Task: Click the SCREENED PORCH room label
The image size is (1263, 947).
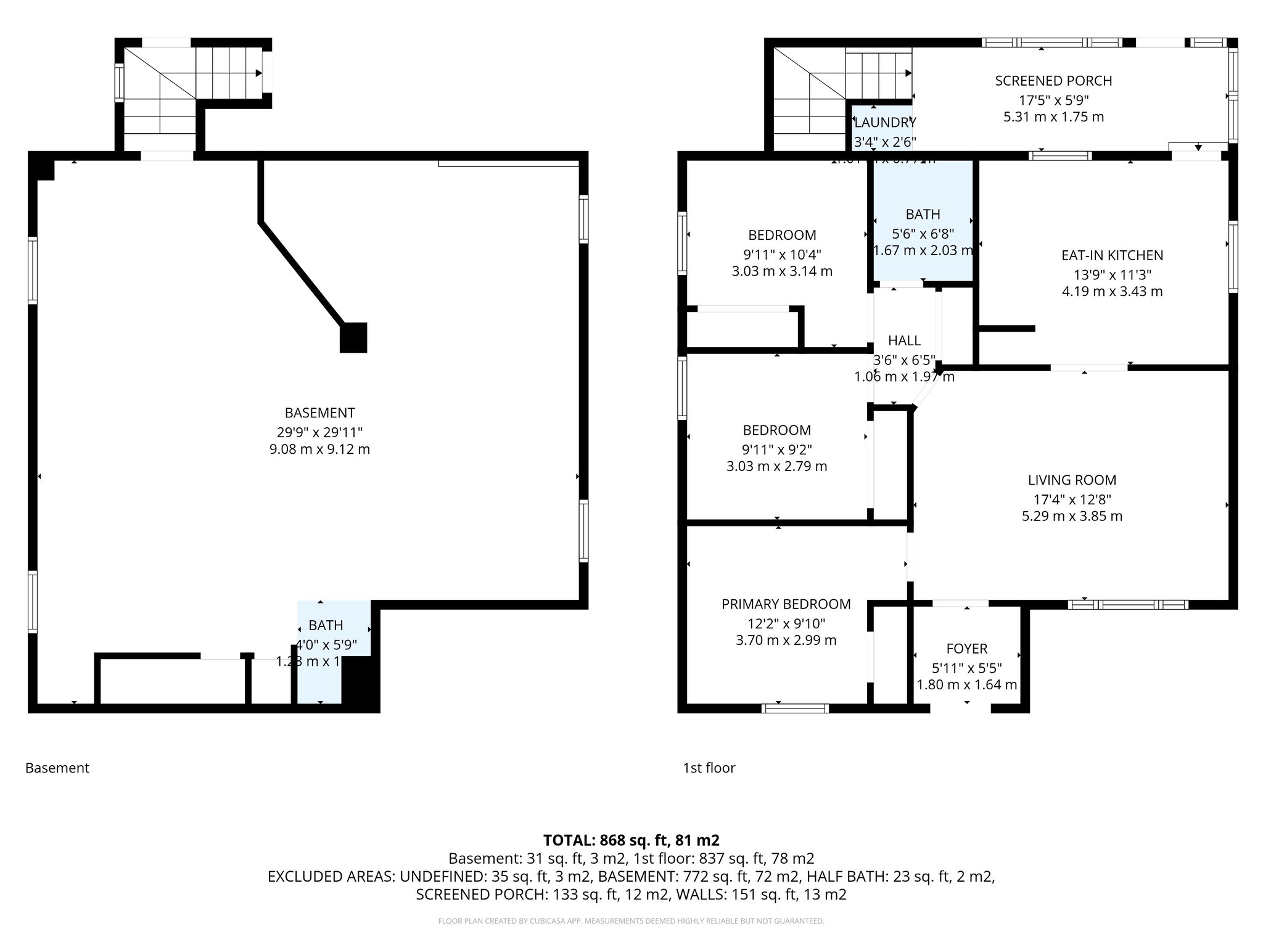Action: tap(1053, 81)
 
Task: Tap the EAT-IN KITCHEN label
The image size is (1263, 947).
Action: tap(1112, 255)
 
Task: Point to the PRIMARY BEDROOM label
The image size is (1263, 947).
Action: tap(786, 604)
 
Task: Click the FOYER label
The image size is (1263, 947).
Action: tap(966, 649)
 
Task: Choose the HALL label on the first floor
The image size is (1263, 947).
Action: tap(904, 341)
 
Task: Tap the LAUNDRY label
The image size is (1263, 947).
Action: tap(885, 123)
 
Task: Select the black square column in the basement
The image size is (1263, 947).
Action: tap(353, 338)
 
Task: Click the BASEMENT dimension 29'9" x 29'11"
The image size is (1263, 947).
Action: tap(319, 432)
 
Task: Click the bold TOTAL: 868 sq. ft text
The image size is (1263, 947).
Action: tap(631, 840)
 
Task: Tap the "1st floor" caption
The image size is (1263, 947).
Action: tap(709, 768)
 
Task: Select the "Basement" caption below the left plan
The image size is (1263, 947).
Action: tap(57, 768)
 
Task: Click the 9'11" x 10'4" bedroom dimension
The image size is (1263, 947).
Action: tap(782, 254)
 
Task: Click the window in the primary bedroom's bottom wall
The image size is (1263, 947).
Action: tap(795, 708)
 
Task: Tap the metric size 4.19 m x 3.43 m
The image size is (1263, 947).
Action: tap(1112, 292)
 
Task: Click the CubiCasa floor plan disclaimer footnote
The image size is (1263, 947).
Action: tap(631, 921)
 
